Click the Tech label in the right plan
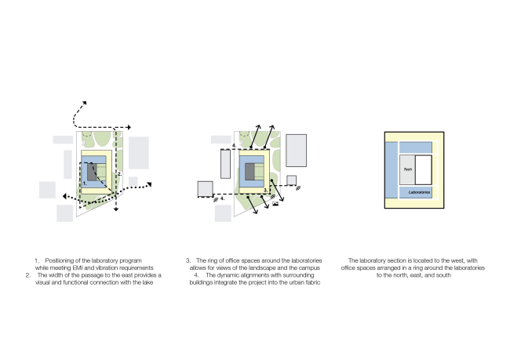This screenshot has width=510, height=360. coord(407,169)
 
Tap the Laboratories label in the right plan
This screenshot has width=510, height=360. coord(415,192)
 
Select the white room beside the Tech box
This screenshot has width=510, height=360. coord(424,169)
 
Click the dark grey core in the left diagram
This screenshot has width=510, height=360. coord(93,172)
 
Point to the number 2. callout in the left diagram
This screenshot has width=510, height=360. coord(118,173)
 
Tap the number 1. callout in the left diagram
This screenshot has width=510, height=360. coord(85,182)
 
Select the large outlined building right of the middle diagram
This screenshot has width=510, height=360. coord(296,150)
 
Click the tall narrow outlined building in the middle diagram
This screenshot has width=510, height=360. coord(226,165)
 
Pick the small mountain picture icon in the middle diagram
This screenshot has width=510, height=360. coord(274,206)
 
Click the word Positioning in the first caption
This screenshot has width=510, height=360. coord(62,260)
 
